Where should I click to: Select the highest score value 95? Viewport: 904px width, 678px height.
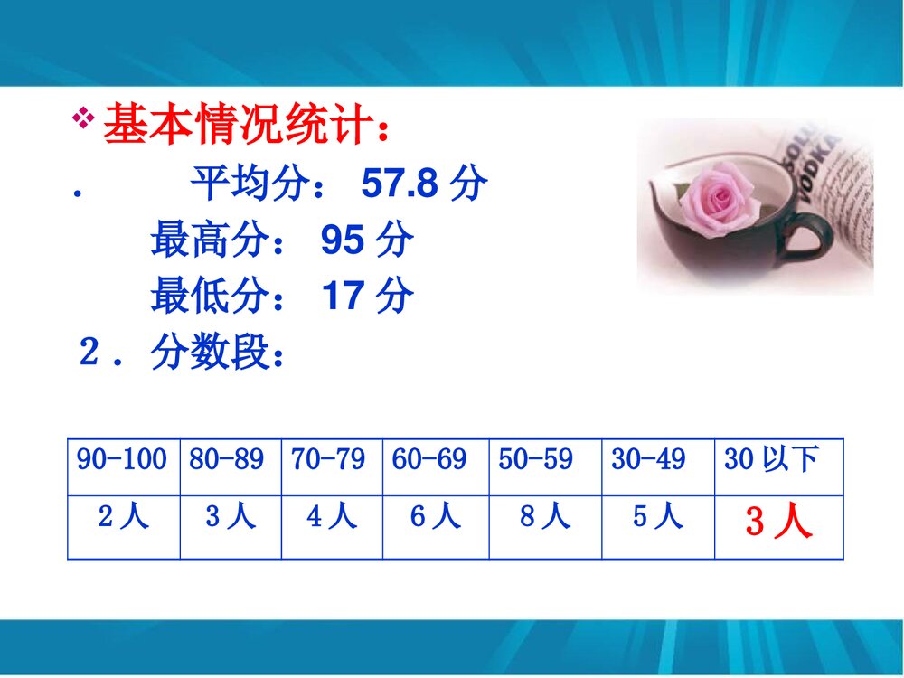click(x=343, y=240)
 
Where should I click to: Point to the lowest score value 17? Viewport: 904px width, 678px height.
click(x=343, y=296)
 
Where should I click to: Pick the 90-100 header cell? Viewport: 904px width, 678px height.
click(x=122, y=460)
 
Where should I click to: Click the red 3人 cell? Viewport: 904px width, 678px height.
click(x=778, y=523)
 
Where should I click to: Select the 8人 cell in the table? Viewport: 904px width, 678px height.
click(x=545, y=517)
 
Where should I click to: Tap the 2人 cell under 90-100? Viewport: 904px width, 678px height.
click(x=123, y=517)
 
